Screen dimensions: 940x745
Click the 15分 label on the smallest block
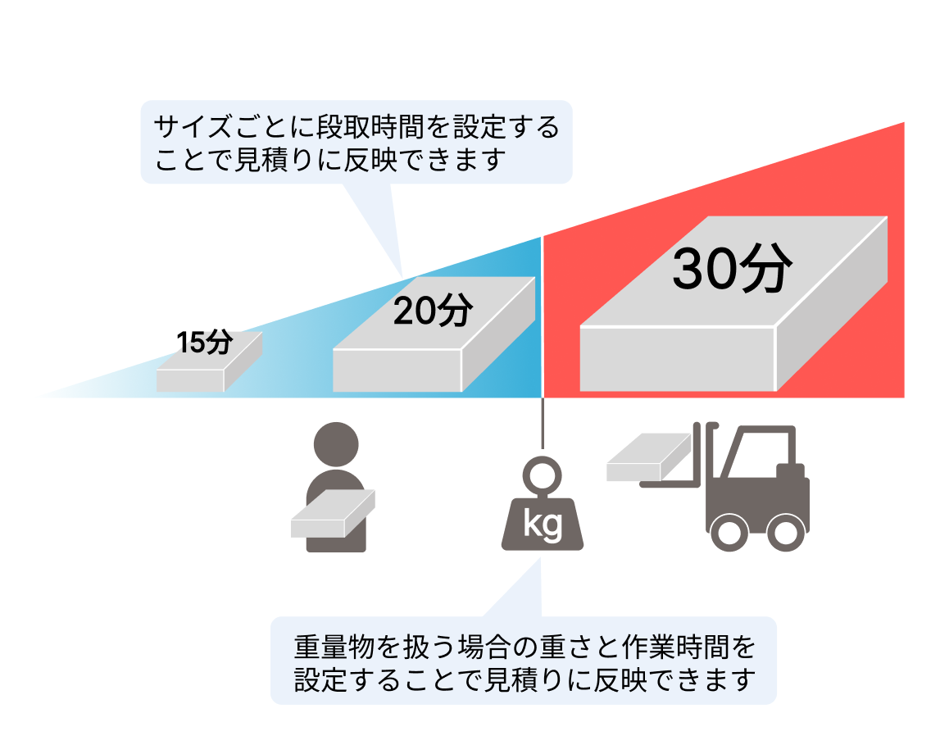pos(206,343)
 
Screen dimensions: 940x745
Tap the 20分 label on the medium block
pos(433,311)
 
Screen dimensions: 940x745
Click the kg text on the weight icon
pos(543,524)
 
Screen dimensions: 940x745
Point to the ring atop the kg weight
pos(542,475)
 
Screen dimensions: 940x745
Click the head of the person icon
pos(337,446)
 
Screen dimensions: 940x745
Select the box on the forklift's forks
pos(648,457)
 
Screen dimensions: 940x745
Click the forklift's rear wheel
pos(784,532)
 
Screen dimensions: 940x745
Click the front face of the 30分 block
pos(677,358)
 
